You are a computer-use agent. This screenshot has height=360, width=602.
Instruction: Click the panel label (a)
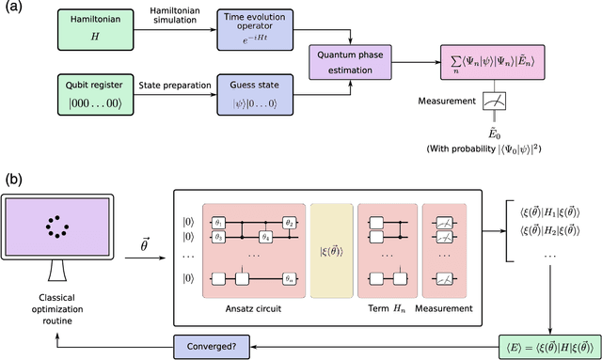[x=15, y=9]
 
